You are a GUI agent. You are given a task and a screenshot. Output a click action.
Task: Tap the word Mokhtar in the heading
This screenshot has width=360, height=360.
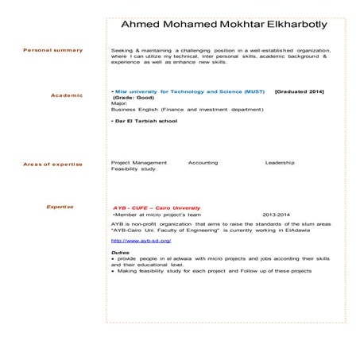(x=225, y=25)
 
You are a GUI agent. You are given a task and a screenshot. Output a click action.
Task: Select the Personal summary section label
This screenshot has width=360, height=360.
(x=53, y=50)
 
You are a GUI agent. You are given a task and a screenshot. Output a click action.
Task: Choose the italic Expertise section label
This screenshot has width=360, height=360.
(x=60, y=207)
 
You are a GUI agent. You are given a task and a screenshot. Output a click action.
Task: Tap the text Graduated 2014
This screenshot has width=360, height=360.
(x=301, y=92)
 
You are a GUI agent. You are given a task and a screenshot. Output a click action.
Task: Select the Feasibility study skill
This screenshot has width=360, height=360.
(x=134, y=169)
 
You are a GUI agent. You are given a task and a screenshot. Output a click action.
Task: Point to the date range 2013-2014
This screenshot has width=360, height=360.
(x=276, y=215)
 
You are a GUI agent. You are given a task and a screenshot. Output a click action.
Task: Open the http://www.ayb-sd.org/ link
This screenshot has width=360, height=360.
(x=141, y=240)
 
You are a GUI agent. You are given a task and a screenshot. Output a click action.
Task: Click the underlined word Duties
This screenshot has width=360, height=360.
(x=120, y=252)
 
